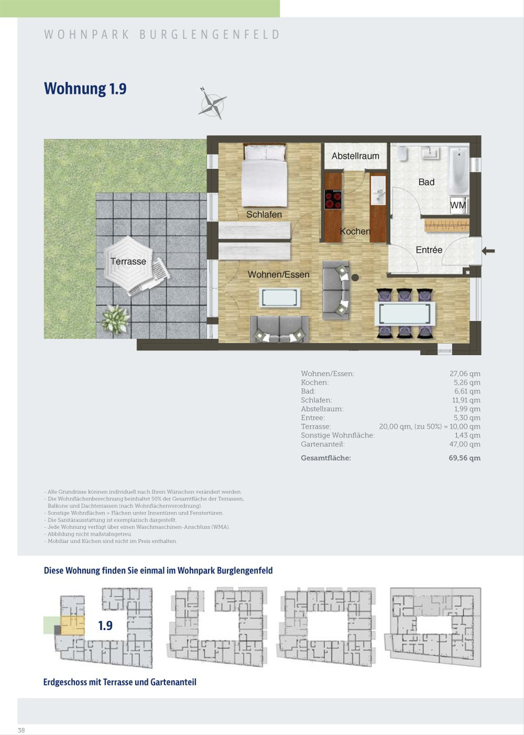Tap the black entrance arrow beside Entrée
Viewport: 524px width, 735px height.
488,251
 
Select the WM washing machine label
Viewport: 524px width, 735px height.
458,206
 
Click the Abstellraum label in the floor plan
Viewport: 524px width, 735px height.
355,156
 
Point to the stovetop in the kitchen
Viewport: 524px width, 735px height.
333,199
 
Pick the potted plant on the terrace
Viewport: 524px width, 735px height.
115,319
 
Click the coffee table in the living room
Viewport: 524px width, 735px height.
280,297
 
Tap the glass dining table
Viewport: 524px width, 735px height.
405,314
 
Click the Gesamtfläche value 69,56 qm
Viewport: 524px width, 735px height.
464,458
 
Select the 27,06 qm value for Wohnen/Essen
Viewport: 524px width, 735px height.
465,374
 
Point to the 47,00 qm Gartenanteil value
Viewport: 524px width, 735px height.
465,444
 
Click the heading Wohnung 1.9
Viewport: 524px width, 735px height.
85,89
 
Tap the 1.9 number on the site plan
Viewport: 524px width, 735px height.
105,625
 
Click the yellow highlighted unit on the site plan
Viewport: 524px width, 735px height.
72,625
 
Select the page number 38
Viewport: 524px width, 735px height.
21,730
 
